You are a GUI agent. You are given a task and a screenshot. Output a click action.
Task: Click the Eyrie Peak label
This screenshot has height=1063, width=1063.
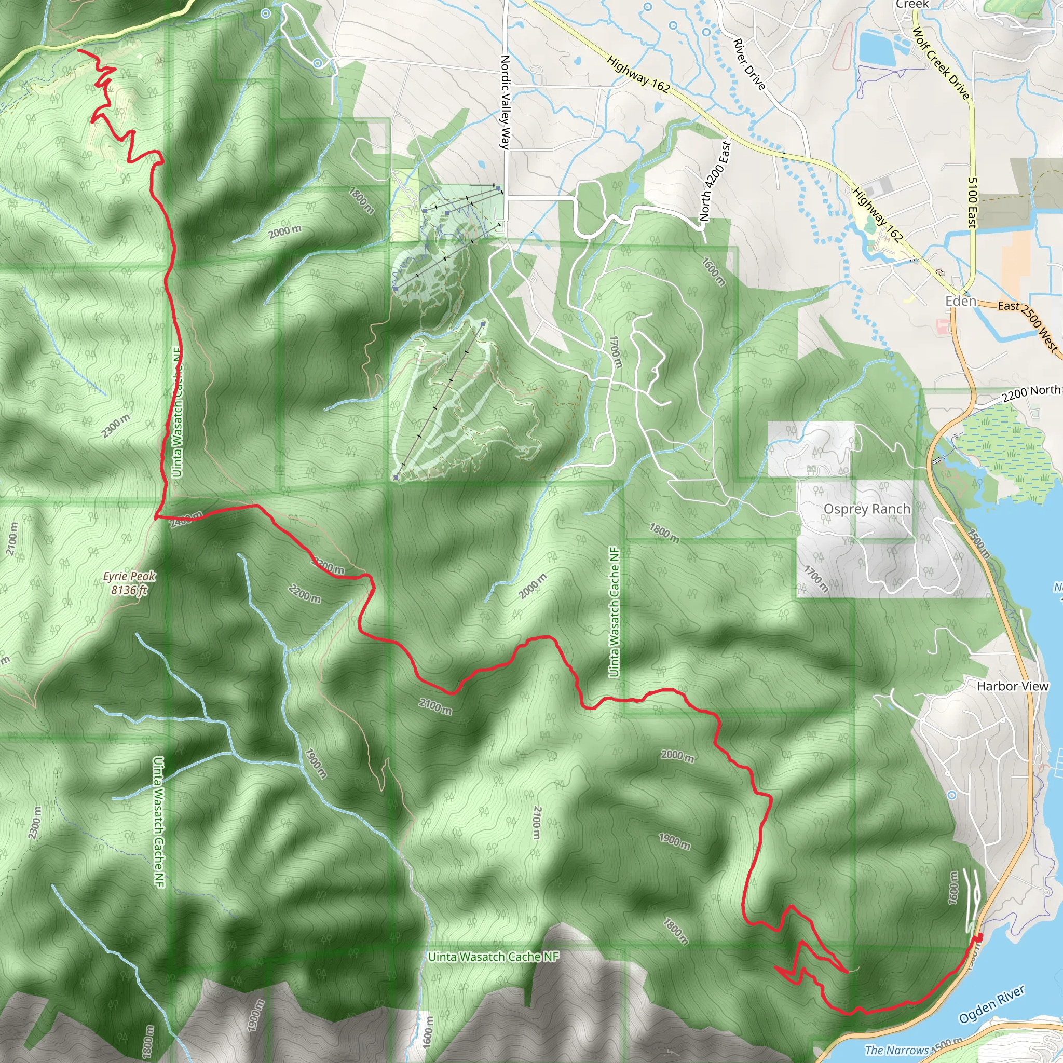tap(129, 576)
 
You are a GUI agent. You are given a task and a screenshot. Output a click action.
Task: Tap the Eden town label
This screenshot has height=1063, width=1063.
tap(961, 301)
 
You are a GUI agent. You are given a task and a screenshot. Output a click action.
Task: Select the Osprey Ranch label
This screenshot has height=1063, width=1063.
tap(867, 509)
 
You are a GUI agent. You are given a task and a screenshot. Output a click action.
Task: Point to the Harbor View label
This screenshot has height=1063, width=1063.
tap(1012, 686)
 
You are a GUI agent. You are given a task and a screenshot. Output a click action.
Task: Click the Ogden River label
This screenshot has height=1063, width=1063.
tap(991, 1005)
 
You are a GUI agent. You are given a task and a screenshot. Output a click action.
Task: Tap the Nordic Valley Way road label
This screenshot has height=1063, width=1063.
tap(505, 102)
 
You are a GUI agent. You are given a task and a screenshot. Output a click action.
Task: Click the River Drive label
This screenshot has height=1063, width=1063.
tap(749, 64)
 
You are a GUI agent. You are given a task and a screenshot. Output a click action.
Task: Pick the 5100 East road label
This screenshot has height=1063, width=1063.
tap(972, 202)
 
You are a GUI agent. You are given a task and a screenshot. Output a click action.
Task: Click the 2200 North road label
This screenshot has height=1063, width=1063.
tap(1030, 393)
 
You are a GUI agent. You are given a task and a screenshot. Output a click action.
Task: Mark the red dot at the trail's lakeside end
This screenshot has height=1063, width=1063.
tap(979, 937)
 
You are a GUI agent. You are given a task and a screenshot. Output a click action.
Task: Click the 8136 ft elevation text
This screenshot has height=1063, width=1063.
tap(129, 590)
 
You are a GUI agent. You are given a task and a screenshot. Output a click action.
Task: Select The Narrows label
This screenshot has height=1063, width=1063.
tap(897, 1050)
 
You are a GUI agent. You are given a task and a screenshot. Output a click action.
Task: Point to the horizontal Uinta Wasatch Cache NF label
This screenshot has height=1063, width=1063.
tap(493, 957)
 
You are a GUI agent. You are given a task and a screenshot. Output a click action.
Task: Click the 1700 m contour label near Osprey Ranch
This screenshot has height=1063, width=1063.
tap(815, 578)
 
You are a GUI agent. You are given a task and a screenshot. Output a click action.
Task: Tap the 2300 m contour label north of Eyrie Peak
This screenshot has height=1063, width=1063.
tap(116, 425)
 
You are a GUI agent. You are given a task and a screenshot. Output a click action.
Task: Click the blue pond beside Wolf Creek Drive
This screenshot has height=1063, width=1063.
tap(877, 46)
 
